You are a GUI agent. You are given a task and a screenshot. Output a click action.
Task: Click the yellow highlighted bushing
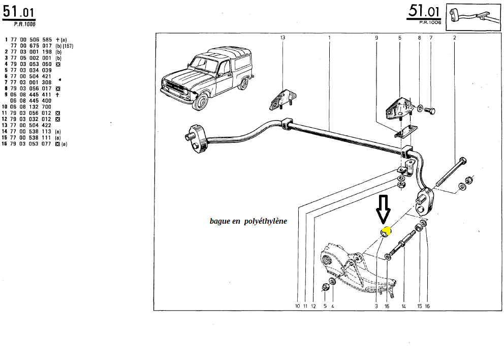(x=386, y=231)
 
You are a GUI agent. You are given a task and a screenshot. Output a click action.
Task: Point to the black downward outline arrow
(x=383, y=209)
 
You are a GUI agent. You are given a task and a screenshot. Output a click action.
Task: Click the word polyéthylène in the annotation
(x=265, y=221)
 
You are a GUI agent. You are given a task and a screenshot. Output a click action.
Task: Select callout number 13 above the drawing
(x=283, y=38)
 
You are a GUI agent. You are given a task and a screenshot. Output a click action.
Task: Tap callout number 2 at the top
(x=454, y=38)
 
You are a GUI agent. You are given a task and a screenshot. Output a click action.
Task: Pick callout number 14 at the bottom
(x=403, y=306)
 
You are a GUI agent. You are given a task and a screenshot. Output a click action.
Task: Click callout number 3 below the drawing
(x=376, y=306)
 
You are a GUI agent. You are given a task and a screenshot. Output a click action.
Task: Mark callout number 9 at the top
(x=376, y=38)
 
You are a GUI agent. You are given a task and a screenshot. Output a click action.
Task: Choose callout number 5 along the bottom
(x=325, y=306)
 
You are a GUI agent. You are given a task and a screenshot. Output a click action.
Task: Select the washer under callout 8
(x=420, y=108)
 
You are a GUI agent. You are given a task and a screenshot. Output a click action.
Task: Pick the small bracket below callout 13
(x=282, y=99)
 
